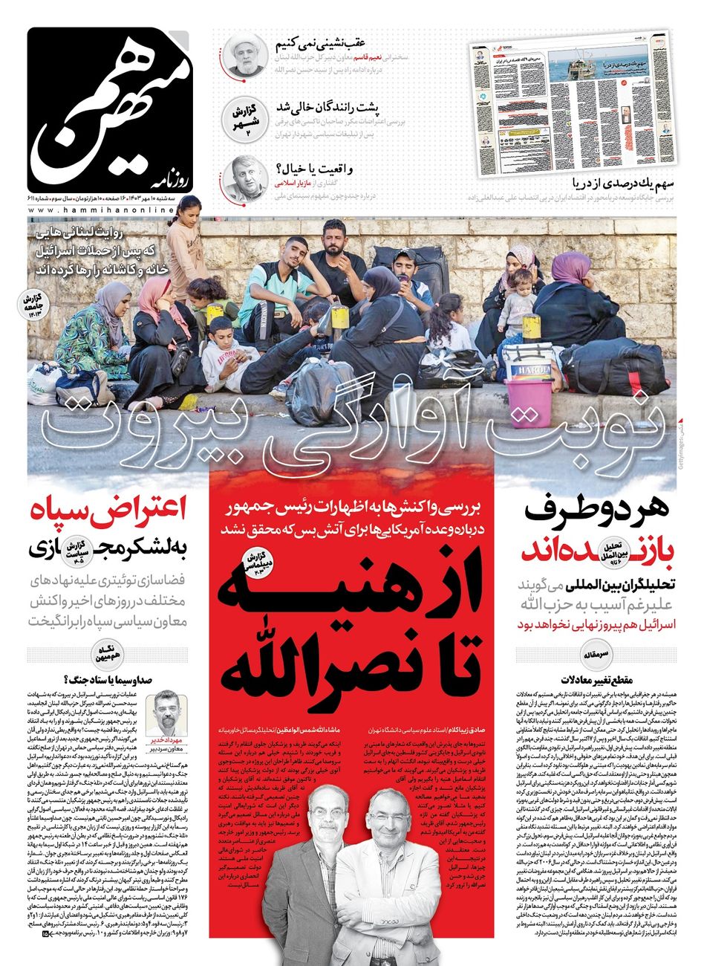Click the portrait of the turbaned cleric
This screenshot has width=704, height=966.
(245, 54)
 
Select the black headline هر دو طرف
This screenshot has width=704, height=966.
(598, 511)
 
